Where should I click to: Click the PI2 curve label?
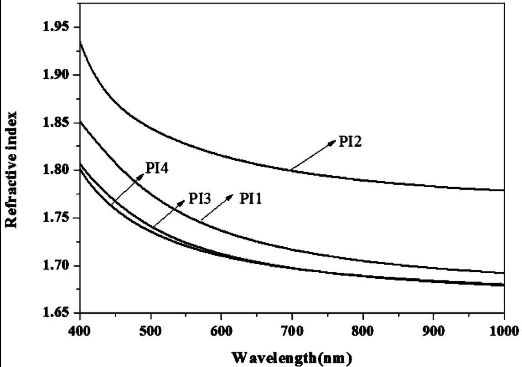pyautogui.click(x=350, y=142)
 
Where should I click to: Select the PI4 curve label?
pyautogui.click(x=158, y=168)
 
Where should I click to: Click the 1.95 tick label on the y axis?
pyautogui.click(x=57, y=27)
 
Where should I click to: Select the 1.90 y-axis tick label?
pyautogui.click(x=57, y=75)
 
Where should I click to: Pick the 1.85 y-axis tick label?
pyautogui.click(x=57, y=123)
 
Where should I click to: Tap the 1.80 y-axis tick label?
pyautogui.click(x=57, y=170)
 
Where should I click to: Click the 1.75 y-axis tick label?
pyautogui.click(x=57, y=218)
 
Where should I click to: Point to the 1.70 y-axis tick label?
pyautogui.click(x=57, y=266)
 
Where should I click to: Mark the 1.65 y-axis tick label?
pyautogui.click(x=57, y=313)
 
